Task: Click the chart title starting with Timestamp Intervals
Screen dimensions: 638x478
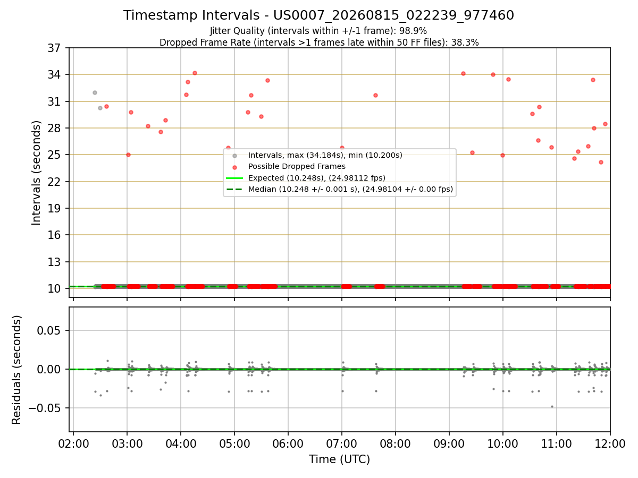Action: coord(318,15)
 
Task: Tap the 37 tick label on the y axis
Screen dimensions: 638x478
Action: coord(54,48)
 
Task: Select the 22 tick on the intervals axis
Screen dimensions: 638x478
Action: coord(54,182)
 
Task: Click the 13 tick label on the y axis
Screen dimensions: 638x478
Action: coord(54,262)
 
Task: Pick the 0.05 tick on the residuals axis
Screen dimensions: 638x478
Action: coord(48,330)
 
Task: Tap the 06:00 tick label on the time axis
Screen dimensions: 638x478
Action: coord(288,444)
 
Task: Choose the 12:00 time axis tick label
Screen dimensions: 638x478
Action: coord(610,444)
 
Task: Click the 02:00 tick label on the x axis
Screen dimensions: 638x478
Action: coord(73,444)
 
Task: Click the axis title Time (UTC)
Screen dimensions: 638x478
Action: coord(339,459)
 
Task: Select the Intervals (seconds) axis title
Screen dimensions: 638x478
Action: coord(36,173)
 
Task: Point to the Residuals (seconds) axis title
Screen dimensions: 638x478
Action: coord(16,370)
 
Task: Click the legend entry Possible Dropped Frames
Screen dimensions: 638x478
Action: coord(297,166)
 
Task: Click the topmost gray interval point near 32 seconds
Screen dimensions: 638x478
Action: coord(95,93)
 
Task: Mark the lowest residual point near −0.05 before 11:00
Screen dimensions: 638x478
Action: coord(552,407)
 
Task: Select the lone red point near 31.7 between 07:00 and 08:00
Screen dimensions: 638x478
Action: coord(375,96)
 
